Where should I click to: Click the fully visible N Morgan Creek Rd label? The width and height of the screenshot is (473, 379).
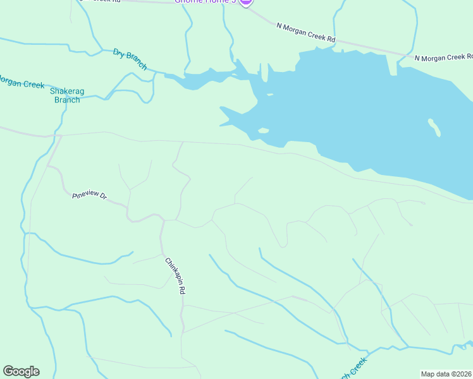pos(305,33)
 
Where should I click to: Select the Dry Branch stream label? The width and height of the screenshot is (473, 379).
pos(130,59)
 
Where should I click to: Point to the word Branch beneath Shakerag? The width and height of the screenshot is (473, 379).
pos(67,100)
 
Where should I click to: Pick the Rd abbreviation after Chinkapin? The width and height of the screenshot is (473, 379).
pos(181,290)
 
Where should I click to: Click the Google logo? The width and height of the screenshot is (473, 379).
pos(21,371)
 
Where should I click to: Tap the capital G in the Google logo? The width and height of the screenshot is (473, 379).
pos(8,371)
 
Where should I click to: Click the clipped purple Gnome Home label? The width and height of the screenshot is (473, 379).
pos(206,2)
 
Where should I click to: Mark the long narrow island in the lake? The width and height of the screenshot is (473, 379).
pos(434,127)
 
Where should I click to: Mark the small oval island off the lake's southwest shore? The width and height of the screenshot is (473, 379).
pos(263,131)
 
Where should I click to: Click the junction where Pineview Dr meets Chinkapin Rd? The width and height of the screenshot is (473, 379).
pos(162,220)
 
